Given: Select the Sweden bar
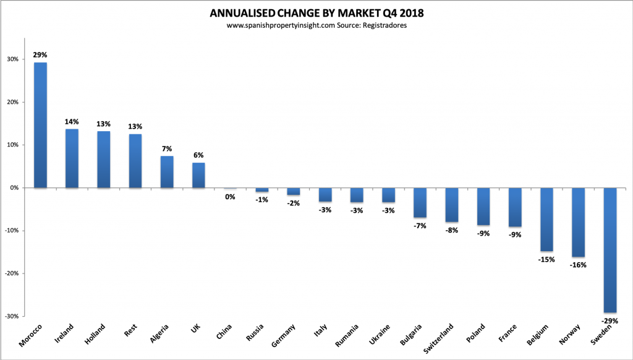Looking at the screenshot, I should click(x=610, y=250).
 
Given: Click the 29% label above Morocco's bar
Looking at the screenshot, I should click(x=40, y=55).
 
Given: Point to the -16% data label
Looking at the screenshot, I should click(x=578, y=265).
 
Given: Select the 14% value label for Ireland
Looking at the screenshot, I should click(x=72, y=122).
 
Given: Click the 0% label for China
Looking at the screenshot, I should click(x=230, y=197).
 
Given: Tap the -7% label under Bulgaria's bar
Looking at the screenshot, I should click(x=420, y=226).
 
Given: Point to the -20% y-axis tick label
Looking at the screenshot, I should click(x=10, y=273).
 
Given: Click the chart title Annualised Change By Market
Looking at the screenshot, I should click(x=316, y=13).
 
